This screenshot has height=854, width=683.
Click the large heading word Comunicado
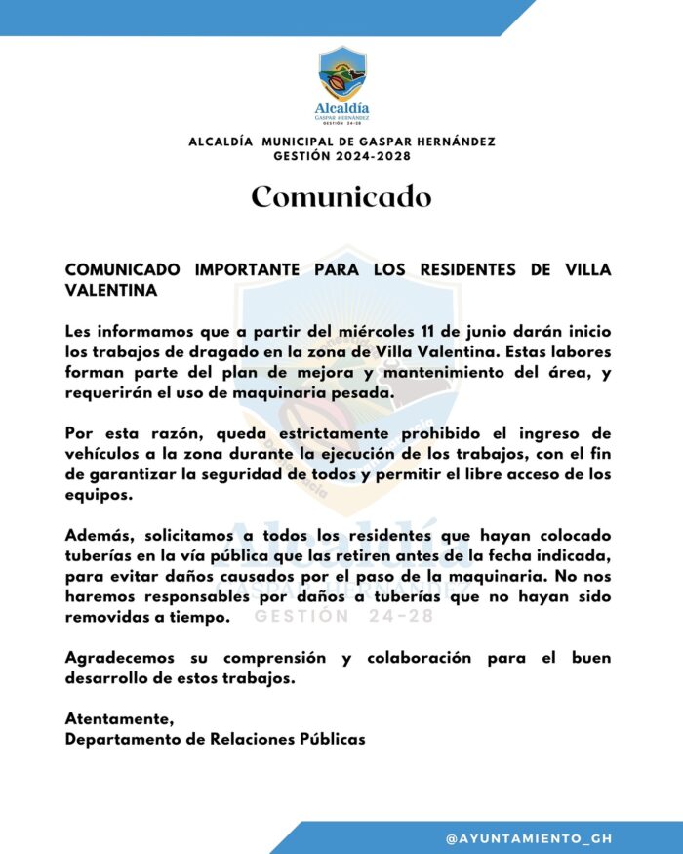(341, 197)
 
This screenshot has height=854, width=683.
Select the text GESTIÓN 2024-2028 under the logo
(341, 156)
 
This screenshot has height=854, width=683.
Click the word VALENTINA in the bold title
(110, 291)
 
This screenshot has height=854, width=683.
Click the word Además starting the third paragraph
(100, 536)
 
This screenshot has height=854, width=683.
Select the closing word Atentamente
(119, 719)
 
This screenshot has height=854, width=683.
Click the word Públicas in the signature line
(328, 740)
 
